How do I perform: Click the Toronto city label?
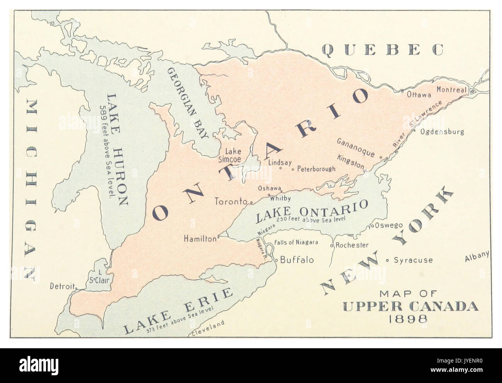tap(231, 201)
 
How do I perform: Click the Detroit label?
tap(61, 286)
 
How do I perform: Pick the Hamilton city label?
tap(200, 239)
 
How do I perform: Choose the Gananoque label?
tap(356, 147)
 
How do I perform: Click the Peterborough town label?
tap(316, 169)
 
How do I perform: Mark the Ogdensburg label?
tap(442, 132)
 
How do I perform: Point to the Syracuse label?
tap(413, 260)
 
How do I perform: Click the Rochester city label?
tap(352, 245)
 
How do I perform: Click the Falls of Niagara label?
tap(296, 242)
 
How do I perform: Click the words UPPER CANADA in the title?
tap(410, 307)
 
